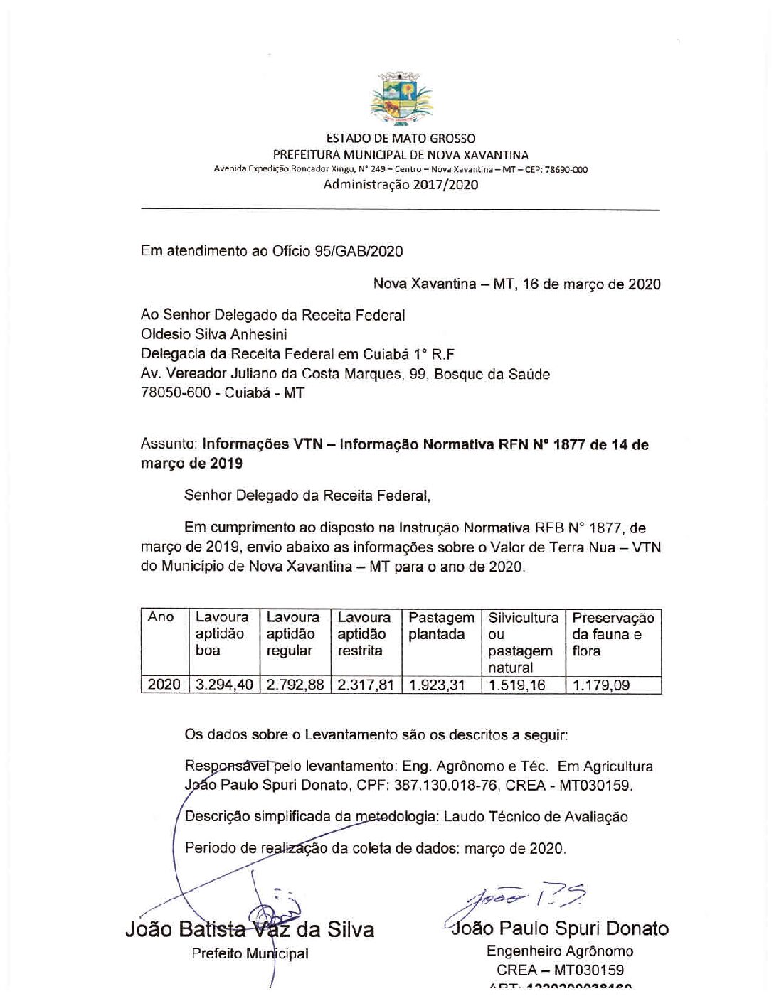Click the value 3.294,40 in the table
[x=224, y=685]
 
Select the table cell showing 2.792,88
[x=295, y=685]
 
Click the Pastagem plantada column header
[x=441, y=626]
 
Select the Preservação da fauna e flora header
[x=613, y=634]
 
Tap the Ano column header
[x=161, y=617]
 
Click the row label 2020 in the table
[x=164, y=685]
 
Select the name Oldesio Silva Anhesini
[x=214, y=333]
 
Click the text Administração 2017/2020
[x=401, y=185]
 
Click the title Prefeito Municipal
[x=250, y=954]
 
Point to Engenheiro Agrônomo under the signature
[x=560, y=951]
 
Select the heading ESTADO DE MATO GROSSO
[x=401, y=139]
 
